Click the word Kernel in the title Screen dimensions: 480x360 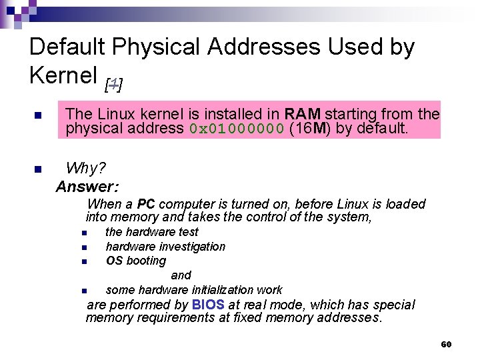(x=63, y=75)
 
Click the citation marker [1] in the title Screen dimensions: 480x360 (x=114, y=84)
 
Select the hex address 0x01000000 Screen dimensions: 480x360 (x=237, y=129)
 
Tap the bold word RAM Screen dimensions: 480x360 (x=303, y=114)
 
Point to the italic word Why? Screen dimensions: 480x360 (x=86, y=167)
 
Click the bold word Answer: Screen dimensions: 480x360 (x=87, y=187)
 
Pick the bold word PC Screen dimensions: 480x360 (x=146, y=204)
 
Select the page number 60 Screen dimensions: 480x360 (x=446, y=344)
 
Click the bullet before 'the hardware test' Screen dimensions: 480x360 (x=85, y=233)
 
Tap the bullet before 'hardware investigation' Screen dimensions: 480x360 (x=85, y=247)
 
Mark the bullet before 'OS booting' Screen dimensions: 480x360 (x=85, y=261)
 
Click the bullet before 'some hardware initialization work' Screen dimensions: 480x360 (x=85, y=291)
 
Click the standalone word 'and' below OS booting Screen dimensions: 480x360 (x=181, y=275)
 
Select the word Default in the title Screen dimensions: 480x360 (x=68, y=47)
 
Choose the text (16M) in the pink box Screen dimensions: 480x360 (x=311, y=129)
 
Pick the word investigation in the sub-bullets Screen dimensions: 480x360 (x=193, y=247)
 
